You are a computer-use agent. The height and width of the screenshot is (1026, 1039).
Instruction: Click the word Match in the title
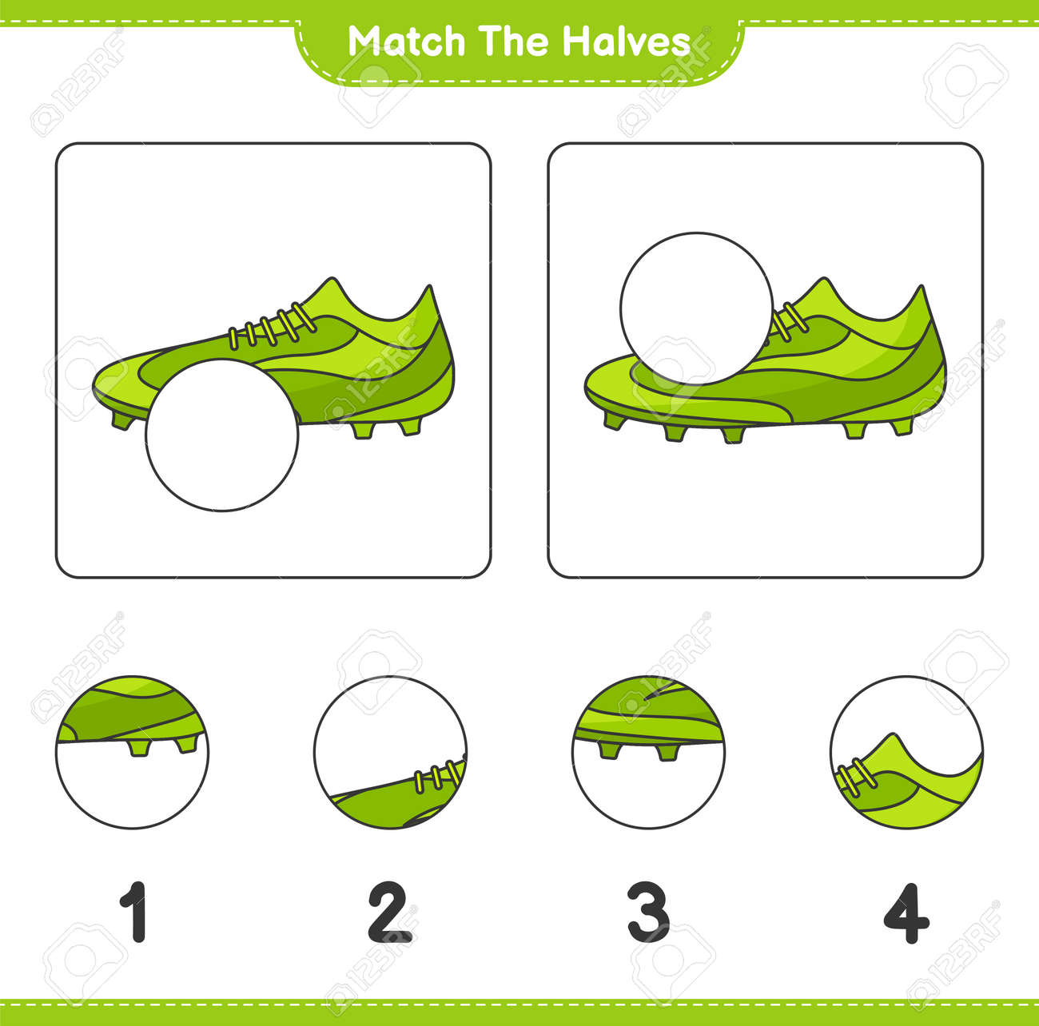tap(407, 41)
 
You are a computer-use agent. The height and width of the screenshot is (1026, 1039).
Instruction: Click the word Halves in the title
tap(626, 41)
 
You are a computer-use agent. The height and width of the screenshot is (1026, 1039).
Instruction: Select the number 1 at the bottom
tap(133, 912)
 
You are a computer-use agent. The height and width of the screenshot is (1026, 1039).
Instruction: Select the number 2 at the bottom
tap(389, 912)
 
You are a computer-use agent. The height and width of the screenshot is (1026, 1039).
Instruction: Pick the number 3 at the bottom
tap(648, 912)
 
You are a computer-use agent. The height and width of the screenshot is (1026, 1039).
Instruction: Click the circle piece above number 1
tap(132, 752)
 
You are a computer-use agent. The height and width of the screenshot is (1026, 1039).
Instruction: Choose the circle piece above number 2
tap(390, 752)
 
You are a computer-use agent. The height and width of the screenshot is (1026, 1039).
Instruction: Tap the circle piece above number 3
tap(648, 752)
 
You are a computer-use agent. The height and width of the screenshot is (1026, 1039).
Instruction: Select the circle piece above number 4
tap(906, 752)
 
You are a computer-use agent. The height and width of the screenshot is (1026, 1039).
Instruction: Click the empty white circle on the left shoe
tap(221, 435)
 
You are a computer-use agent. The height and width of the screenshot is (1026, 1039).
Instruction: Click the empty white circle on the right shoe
tap(696, 309)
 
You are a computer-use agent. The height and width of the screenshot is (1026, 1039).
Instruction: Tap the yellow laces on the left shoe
tap(273, 326)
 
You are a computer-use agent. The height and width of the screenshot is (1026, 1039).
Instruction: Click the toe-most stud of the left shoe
tap(123, 420)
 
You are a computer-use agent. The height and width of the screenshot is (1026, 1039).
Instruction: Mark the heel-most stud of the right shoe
tap(901, 427)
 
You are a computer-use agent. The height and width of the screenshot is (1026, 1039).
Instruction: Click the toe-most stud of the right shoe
tap(615, 420)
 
